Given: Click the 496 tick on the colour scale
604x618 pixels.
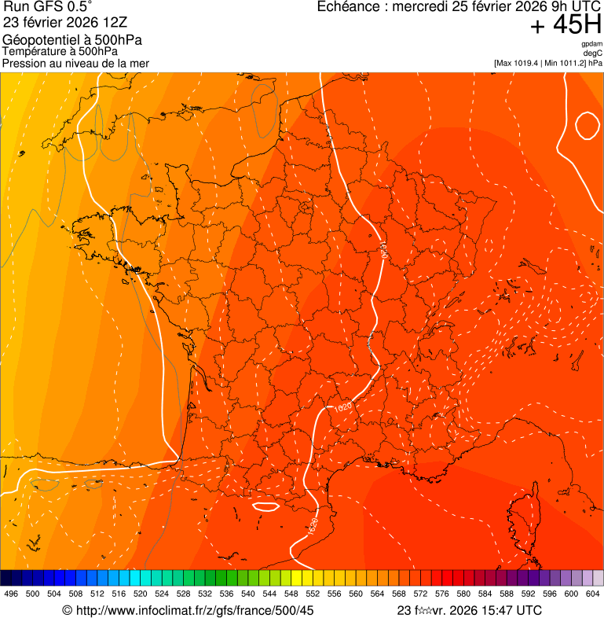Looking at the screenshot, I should click(11, 594).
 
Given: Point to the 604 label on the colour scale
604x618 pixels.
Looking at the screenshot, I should click(592, 594).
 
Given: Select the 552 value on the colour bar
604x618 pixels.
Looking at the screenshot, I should click(313, 594).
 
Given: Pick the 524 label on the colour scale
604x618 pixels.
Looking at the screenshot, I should click(162, 594).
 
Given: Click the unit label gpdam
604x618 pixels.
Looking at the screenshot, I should click(592, 44).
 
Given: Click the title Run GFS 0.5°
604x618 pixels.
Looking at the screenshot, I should click(48, 8).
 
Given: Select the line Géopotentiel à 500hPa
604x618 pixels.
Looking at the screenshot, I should click(72, 40).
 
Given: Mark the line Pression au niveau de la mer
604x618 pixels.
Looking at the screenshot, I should click(75, 63).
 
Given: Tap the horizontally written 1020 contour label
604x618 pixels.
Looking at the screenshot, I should click(342, 409).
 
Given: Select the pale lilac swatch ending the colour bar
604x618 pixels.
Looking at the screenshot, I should click(598, 577).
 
